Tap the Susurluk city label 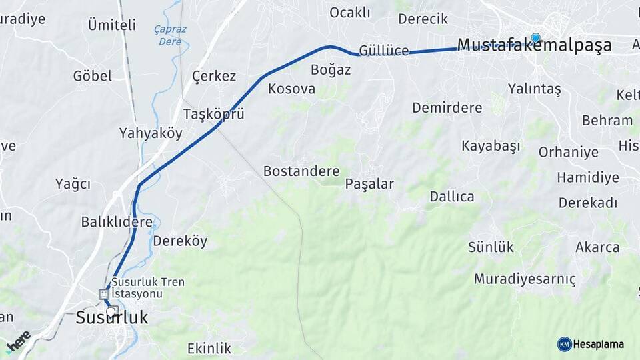click(111, 318)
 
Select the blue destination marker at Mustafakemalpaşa click(535, 38)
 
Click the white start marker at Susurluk click(110, 311)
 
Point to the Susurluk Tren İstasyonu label click(148, 288)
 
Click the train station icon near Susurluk click(103, 293)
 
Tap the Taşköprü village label click(213, 113)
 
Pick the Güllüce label click(383, 51)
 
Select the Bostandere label click(301, 171)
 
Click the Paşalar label click(369, 184)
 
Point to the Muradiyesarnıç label click(525, 279)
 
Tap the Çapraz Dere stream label click(170, 35)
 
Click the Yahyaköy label click(151, 133)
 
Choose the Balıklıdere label click(117, 221)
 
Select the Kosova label click(291, 89)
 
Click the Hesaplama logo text click(599, 344)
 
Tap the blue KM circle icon click(564, 344)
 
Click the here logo click(18, 341)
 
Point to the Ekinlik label click(209, 348)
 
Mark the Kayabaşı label click(490, 146)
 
